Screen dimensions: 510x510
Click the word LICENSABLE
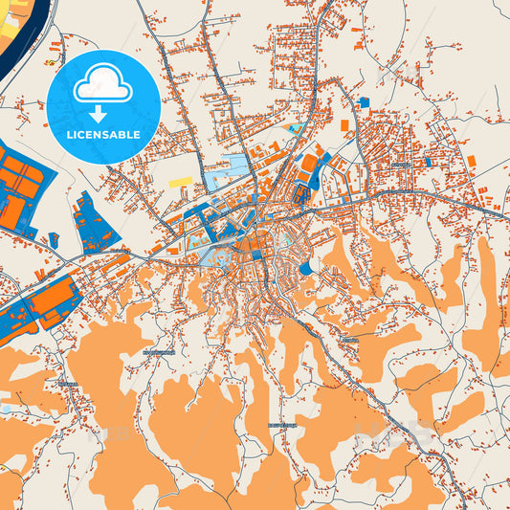point(103,135)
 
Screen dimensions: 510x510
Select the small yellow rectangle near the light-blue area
point(181,181)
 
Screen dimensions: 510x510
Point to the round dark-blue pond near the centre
point(305,269)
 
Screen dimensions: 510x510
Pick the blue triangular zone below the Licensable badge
point(94,222)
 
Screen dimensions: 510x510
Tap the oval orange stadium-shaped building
point(309,164)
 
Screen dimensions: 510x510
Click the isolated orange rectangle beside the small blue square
point(345,125)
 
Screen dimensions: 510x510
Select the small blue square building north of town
point(363,102)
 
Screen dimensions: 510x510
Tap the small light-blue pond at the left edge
point(5,409)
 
